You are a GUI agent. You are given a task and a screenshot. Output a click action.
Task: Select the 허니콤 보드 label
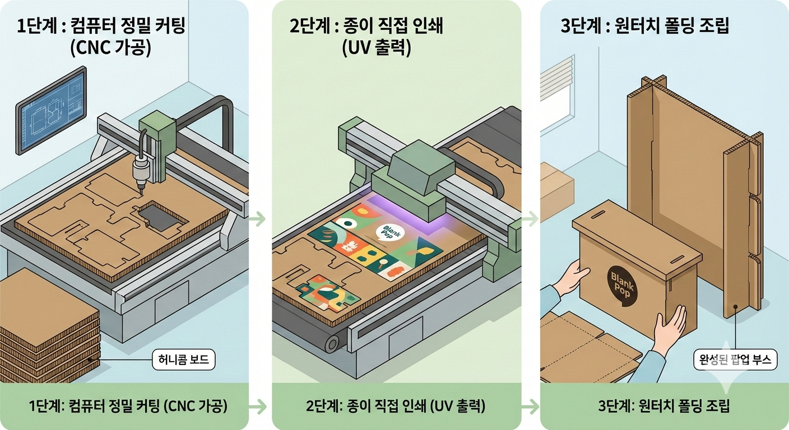[183, 359]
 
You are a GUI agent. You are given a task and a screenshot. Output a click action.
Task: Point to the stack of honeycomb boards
[48, 325]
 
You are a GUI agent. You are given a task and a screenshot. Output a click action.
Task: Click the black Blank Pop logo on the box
[622, 283]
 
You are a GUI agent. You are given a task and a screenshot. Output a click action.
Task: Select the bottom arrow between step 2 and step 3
[530, 406]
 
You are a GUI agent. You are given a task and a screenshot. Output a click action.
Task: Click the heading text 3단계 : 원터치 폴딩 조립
[645, 27]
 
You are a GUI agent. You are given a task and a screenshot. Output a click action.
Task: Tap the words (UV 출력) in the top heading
[377, 48]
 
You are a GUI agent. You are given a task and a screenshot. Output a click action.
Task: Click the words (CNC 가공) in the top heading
[110, 48]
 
